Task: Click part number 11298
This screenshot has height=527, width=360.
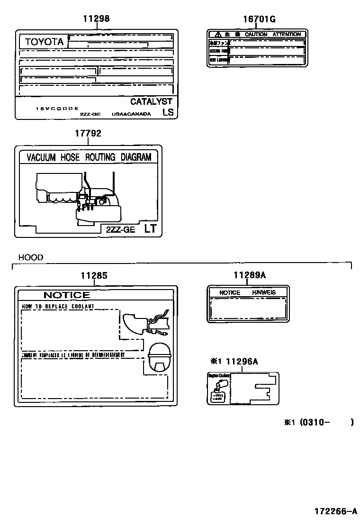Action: click(96, 19)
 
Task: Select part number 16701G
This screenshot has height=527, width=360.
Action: click(259, 19)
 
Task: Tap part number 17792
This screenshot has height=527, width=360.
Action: click(88, 134)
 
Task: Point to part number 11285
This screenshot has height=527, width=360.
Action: click(93, 275)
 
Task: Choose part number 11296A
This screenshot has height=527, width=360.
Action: click(242, 362)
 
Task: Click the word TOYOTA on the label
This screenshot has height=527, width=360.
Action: click(44, 42)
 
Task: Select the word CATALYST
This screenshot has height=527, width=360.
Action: click(151, 101)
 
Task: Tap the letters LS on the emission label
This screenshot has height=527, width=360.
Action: click(168, 112)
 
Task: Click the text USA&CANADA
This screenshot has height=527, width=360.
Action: click(131, 114)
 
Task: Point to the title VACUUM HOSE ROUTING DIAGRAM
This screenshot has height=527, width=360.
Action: click(89, 157)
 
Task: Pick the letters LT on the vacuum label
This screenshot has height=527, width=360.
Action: click(150, 229)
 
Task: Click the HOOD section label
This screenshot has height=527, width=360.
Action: click(31, 257)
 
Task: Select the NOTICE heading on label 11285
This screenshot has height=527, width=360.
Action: click(66, 295)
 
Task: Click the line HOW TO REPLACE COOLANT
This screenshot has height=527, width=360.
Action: click(58, 307)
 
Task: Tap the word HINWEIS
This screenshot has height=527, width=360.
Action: click(264, 292)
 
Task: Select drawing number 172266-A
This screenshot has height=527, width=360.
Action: click(335, 511)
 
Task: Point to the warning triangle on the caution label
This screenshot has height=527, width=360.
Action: click(217, 35)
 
